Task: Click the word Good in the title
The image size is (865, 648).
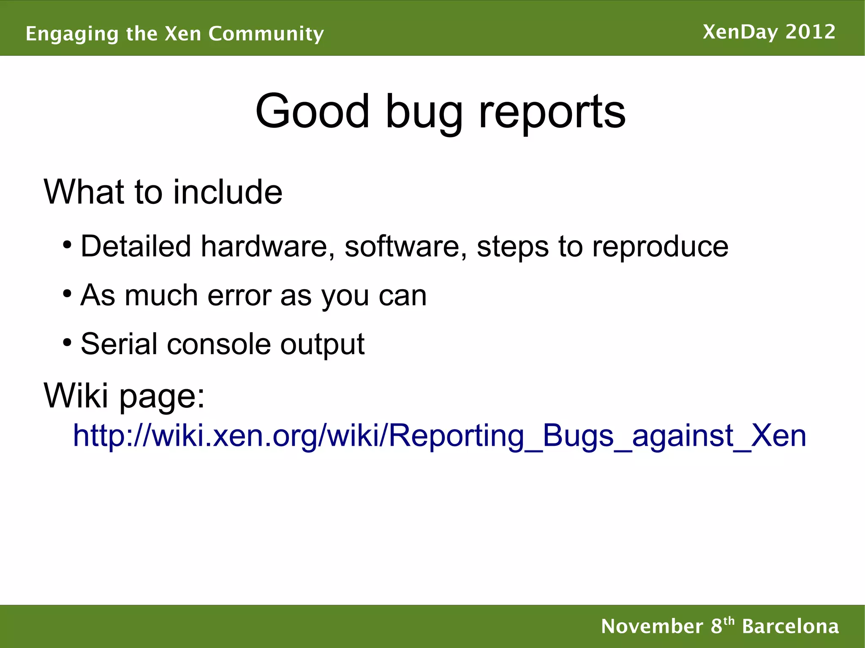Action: (x=313, y=111)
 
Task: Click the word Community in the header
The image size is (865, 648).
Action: (x=266, y=34)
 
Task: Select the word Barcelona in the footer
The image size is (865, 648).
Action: (x=790, y=626)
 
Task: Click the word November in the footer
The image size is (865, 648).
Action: (x=652, y=626)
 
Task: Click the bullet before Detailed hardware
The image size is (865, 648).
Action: (x=67, y=244)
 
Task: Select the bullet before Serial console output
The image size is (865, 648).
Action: (x=67, y=342)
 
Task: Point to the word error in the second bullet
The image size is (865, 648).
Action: (x=239, y=296)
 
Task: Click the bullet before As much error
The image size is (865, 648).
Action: (x=67, y=293)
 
